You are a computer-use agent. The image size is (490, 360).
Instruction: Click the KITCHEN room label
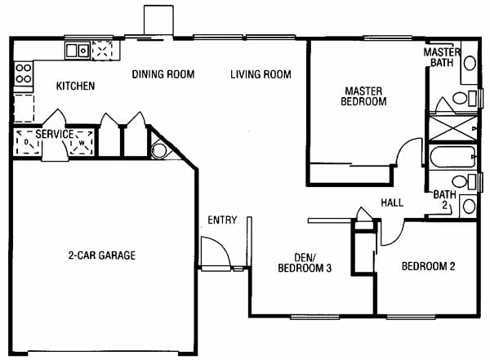[x=75, y=86]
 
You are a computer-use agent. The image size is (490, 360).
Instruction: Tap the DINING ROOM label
[x=163, y=74]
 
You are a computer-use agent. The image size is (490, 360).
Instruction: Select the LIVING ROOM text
[x=261, y=74]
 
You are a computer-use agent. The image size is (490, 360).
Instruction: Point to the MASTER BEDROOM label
[x=363, y=96]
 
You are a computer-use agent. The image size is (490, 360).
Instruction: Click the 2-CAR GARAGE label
[x=102, y=256]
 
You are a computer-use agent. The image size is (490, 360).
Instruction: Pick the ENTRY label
[x=222, y=220]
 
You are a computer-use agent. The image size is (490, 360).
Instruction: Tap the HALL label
[x=392, y=202]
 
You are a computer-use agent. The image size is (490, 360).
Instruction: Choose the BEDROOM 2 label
[x=428, y=266]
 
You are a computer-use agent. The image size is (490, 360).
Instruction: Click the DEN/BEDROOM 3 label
[x=305, y=263]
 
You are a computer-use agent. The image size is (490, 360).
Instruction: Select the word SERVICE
[x=55, y=134]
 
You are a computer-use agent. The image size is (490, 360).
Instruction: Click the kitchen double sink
[x=78, y=51]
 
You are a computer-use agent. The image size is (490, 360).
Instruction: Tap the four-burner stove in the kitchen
[x=24, y=73]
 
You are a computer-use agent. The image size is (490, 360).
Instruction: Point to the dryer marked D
[x=28, y=143]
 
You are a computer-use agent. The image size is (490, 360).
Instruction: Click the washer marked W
[x=82, y=143]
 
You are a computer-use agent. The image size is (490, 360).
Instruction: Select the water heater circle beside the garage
[x=159, y=151]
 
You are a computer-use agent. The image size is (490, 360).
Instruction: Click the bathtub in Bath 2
[x=452, y=157]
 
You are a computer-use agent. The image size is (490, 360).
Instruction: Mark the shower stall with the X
[x=452, y=128]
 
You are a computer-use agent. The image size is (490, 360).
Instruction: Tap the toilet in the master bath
[x=464, y=98]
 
